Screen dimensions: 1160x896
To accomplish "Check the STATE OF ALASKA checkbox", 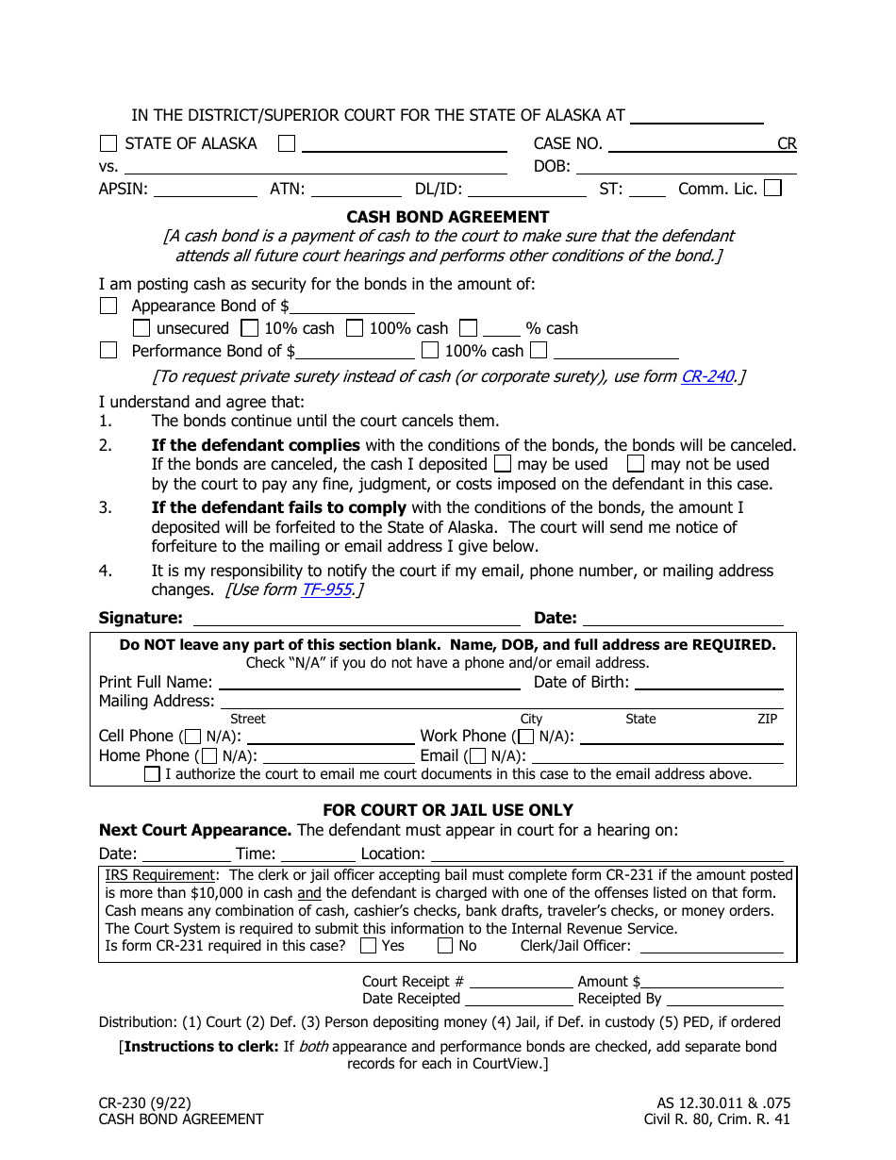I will pyautogui.click(x=108, y=143).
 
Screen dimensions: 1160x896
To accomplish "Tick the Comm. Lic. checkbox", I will pyautogui.click(x=772, y=188).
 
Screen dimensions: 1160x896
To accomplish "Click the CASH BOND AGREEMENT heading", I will pyautogui.click(x=448, y=217).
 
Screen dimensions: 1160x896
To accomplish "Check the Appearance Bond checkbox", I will pyautogui.click(x=108, y=306).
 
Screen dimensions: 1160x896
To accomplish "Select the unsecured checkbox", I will pyautogui.click(x=141, y=328).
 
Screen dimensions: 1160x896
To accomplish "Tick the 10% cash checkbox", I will pyautogui.click(x=249, y=328).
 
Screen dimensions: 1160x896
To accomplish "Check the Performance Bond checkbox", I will pyautogui.click(x=108, y=351).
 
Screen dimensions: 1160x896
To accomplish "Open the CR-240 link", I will pyautogui.click(x=706, y=376).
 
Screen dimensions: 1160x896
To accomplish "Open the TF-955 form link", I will pyautogui.click(x=326, y=589).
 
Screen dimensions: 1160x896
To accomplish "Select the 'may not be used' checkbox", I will pyautogui.click(x=636, y=464).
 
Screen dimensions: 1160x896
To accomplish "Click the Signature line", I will pyautogui.click(x=356, y=618).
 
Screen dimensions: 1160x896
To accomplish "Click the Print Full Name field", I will pyautogui.click(x=368, y=682).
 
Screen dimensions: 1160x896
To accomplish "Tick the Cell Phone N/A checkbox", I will pyautogui.click(x=192, y=737).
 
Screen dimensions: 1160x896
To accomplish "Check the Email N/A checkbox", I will pyautogui.click(x=477, y=756).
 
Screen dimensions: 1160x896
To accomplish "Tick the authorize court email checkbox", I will pyautogui.click(x=152, y=774).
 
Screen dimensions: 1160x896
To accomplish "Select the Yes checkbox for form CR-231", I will pyautogui.click(x=369, y=946).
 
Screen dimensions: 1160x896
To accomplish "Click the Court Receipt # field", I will pyautogui.click(x=520, y=981).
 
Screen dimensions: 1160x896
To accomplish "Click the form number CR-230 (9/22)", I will pyautogui.click(x=145, y=1102).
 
